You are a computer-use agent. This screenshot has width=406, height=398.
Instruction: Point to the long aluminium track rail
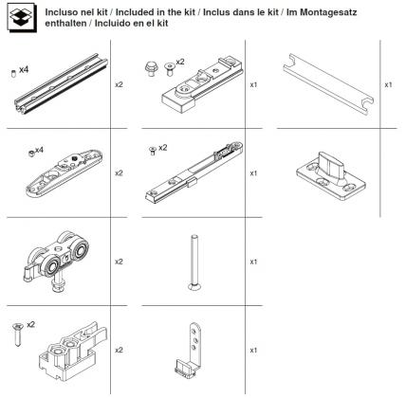click(63, 90)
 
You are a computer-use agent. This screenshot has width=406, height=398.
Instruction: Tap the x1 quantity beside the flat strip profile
click(388, 84)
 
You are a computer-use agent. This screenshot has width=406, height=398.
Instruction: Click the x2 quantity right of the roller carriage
click(120, 262)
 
